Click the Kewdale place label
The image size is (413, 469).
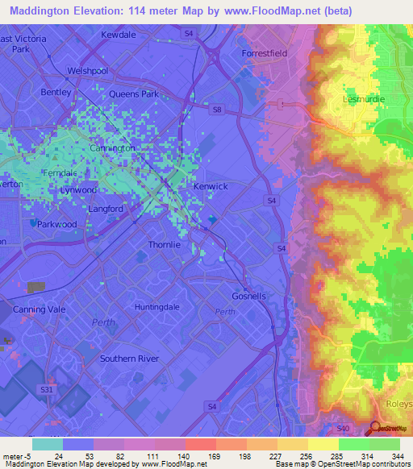coord(119,35)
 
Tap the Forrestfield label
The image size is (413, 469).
coord(265,53)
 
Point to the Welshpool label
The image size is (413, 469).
coord(88,71)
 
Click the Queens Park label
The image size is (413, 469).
coord(133,94)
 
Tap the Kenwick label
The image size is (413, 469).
coord(211,186)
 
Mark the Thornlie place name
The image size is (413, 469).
coord(167,244)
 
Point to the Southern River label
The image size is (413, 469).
coord(129,359)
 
